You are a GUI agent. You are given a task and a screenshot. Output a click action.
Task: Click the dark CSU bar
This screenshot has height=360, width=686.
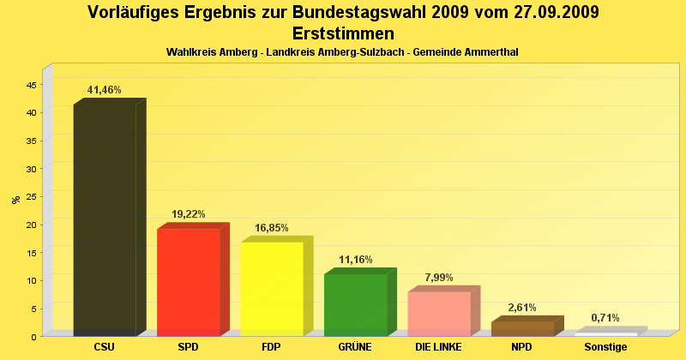point(105,219)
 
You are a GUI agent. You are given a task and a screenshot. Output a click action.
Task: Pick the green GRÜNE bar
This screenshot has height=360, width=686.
point(355,304)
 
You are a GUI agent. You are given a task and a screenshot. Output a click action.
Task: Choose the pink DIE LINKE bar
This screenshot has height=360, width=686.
point(439,313)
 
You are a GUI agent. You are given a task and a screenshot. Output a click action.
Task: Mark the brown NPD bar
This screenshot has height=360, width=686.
point(522,328)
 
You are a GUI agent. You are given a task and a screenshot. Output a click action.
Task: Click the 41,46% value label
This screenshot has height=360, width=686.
point(105,90)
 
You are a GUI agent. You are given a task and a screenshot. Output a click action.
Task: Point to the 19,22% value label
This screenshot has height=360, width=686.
point(189,214)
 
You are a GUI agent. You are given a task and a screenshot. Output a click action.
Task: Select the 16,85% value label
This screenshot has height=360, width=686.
point(272,228)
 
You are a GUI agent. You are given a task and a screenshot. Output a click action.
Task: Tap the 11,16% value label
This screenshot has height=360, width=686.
point(356,260)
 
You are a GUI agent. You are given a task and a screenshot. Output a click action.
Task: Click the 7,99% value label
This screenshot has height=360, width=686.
point(439,278)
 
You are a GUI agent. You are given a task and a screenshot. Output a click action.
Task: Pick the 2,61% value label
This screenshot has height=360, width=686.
point(522,307)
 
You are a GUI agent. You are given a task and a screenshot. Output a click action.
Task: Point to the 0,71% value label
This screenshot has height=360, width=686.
point(605,318)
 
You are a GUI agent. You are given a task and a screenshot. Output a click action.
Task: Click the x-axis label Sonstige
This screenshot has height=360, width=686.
point(605,347)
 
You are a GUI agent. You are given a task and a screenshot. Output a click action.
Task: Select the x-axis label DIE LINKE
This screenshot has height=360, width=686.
point(438,347)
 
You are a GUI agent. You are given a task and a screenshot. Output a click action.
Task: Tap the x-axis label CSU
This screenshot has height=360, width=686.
point(105,347)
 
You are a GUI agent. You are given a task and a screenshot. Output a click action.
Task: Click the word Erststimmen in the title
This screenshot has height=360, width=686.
point(343,33)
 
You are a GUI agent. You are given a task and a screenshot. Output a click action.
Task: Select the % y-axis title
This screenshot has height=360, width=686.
point(15,200)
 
